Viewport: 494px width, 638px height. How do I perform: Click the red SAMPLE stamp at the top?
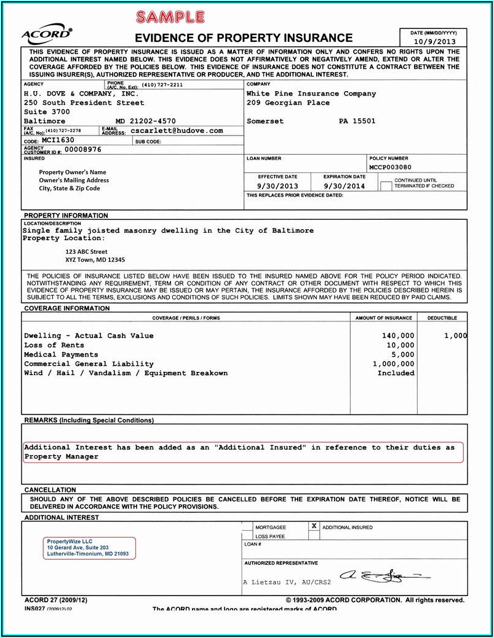coord(170,17)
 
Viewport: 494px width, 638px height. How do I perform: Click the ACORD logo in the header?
coord(46,34)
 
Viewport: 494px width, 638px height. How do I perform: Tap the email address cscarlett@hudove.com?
coord(177,131)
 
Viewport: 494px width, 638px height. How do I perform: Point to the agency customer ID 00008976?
coord(83,150)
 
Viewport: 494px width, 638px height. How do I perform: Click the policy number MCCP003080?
coord(391,167)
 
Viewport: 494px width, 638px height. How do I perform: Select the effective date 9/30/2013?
coord(277,185)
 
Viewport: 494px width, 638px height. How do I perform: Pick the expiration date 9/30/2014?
coord(345,185)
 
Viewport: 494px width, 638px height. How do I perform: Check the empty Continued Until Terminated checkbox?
coord(386,185)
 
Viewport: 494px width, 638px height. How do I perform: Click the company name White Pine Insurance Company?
coord(311,94)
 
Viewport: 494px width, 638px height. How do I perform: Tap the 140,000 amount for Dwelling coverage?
coord(398,336)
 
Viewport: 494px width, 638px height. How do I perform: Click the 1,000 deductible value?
coord(455,336)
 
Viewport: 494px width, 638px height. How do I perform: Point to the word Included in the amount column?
coord(396,373)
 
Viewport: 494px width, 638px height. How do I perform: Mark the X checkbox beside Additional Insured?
coord(314,527)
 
